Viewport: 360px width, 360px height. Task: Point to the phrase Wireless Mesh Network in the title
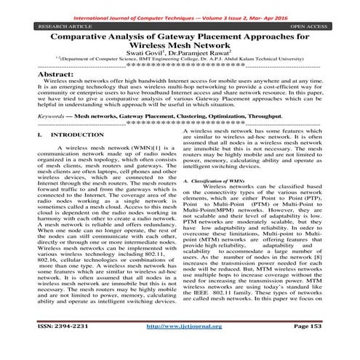(x=180, y=45)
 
